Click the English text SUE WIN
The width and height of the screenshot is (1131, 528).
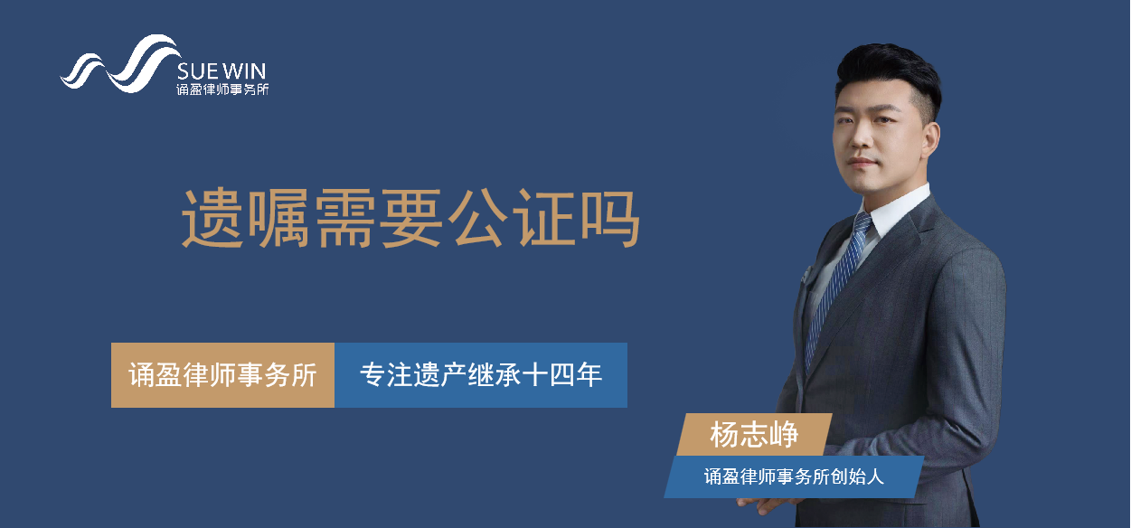[221, 71]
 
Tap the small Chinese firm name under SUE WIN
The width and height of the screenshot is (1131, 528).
[222, 90]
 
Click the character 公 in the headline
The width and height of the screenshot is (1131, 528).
[477, 218]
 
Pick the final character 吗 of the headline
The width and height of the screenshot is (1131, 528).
[610, 218]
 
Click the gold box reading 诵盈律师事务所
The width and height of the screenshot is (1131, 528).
[222, 375]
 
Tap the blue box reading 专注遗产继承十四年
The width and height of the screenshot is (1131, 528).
[481, 375]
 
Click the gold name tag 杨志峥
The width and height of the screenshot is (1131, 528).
[754, 435]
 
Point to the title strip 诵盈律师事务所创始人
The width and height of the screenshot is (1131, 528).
[794, 476]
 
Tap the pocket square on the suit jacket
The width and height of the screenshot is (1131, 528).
[805, 274]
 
